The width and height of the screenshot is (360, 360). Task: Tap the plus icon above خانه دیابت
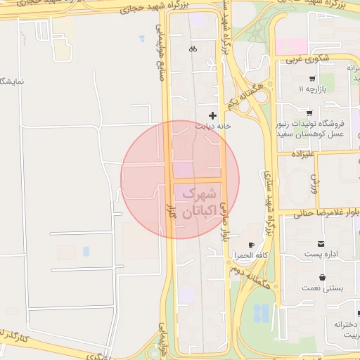click(213, 115)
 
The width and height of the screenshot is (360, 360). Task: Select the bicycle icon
click(193, 49)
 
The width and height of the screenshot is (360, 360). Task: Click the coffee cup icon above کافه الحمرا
click(232, 244)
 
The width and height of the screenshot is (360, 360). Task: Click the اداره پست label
click(322, 253)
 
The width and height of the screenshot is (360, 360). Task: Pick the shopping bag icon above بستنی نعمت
click(321, 277)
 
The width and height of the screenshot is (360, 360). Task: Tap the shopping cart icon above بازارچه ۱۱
click(311, 78)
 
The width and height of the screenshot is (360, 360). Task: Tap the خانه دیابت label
click(213, 127)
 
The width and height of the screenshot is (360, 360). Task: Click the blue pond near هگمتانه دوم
click(261, 313)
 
